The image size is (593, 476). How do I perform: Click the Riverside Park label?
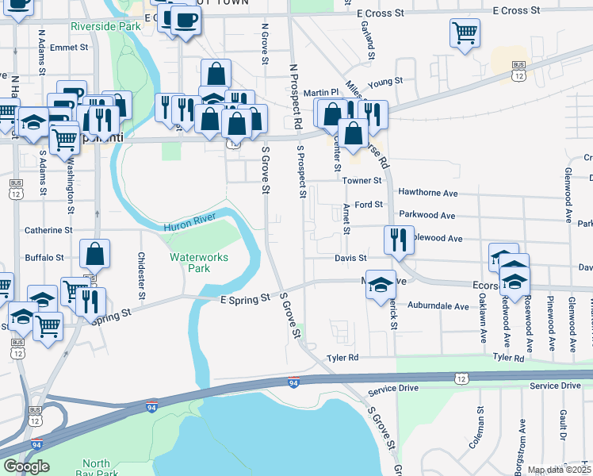point(105,26)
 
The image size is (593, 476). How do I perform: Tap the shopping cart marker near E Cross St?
point(465,33)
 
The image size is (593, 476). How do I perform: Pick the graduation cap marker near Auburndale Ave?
point(381,284)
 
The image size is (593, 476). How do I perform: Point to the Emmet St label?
point(68,48)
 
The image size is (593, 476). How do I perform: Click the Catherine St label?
point(48,230)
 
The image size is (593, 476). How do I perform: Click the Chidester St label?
point(141,275)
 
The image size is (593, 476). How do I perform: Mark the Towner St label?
point(362,181)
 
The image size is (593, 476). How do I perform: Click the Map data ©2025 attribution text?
point(559,470)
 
